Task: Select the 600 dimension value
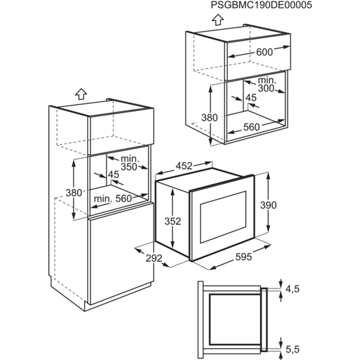pos(264,52)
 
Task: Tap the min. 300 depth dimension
pos(266,85)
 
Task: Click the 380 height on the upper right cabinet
pos(209,118)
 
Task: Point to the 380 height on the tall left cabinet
pos(73,193)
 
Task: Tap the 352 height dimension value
pos(173,221)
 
